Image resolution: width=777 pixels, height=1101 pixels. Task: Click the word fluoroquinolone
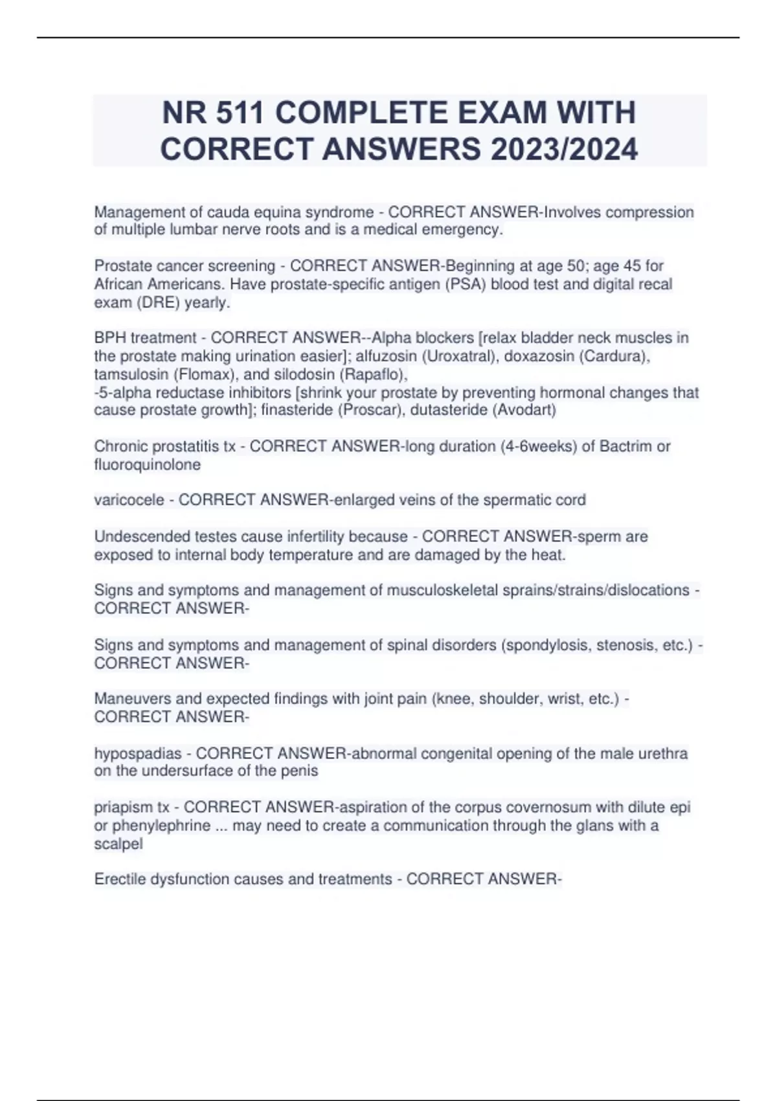(x=147, y=464)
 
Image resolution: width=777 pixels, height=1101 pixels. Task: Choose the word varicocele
(x=129, y=500)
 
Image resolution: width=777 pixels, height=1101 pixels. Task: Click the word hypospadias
(x=138, y=753)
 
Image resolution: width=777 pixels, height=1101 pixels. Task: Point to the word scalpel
(x=118, y=844)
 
